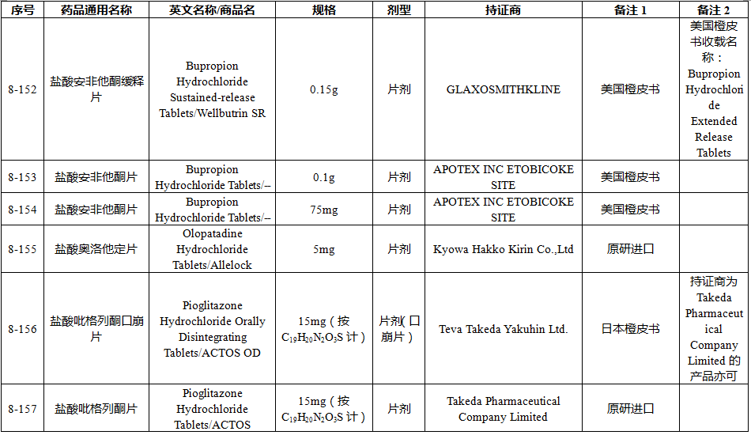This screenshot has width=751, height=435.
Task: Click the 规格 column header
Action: click(x=323, y=10)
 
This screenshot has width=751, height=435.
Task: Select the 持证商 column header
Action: click(x=503, y=10)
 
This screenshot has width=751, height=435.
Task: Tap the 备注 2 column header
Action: click(x=713, y=10)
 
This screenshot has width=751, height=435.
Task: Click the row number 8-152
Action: click(x=22, y=89)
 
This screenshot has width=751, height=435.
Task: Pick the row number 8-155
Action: click(x=22, y=249)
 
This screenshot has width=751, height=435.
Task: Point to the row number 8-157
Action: click(x=22, y=409)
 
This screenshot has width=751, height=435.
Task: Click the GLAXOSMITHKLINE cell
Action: click(x=503, y=89)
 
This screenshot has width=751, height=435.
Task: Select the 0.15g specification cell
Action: click(x=323, y=89)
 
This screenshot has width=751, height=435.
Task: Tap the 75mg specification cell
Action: click(x=323, y=210)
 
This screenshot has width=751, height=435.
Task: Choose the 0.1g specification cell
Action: click(x=323, y=177)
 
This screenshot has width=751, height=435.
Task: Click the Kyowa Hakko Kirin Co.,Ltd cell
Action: click(x=503, y=249)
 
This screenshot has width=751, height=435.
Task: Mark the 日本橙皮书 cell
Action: click(x=630, y=329)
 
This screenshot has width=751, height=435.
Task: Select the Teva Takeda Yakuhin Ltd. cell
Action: click(x=503, y=329)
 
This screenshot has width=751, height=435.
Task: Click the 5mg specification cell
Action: click(x=323, y=249)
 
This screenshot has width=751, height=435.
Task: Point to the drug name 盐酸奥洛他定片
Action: click(x=96, y=249)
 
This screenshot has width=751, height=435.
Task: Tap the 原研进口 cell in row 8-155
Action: click(x=630, y=249)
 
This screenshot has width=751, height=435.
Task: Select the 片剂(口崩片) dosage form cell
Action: click(x=399, y=329)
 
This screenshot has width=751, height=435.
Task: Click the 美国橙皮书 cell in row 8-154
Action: click(x=630, y=210)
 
